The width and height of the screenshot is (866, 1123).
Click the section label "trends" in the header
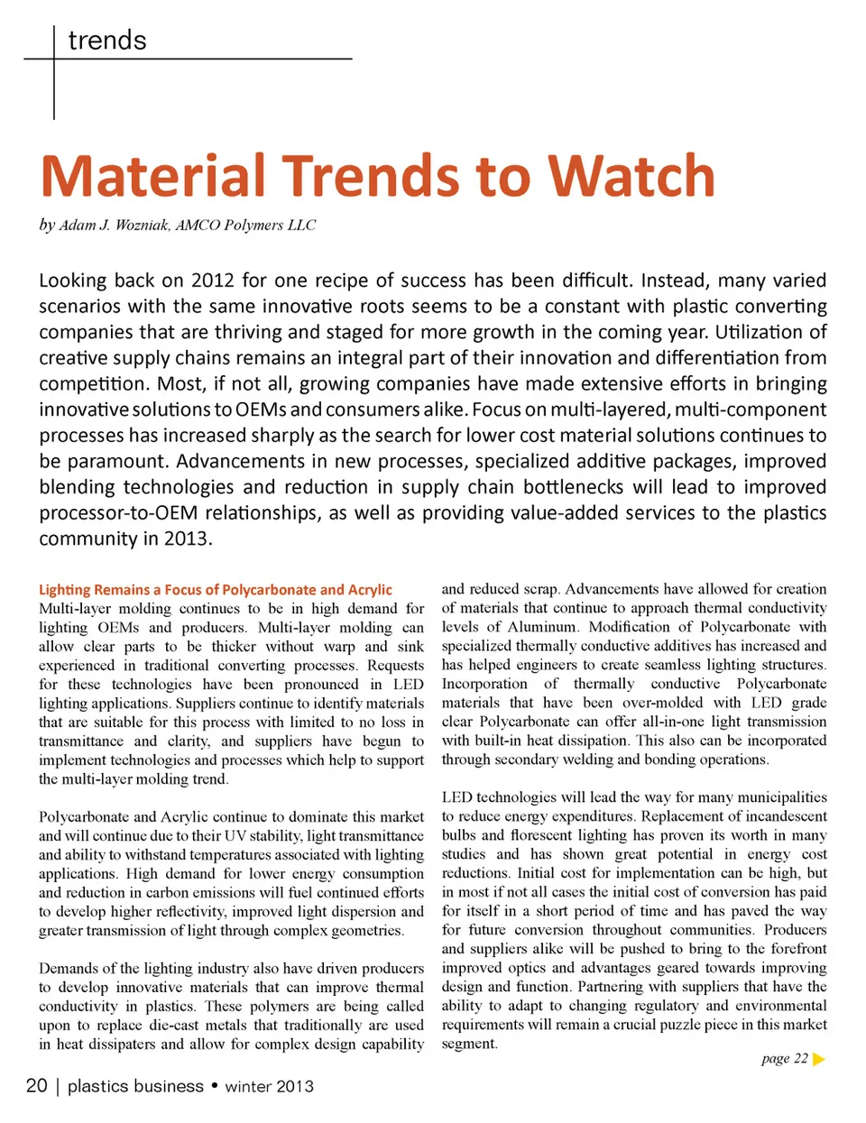click(x=106, y=41)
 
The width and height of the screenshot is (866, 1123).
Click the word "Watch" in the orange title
click(x=631, y=176)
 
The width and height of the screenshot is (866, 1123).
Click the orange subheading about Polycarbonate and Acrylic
click(x=216, y=590)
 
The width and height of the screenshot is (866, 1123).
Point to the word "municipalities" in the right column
click(x=782, y=797)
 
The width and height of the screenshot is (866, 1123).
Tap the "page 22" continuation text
click(x=784, y=1059)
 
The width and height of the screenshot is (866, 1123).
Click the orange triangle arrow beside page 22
click(x=819, y=1059)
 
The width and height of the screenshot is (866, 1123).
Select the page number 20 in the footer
click(x=37, y=1086)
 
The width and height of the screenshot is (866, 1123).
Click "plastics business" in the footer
click(x=135, y=1086)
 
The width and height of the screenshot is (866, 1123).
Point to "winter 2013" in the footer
click(x=269, y=1086)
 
